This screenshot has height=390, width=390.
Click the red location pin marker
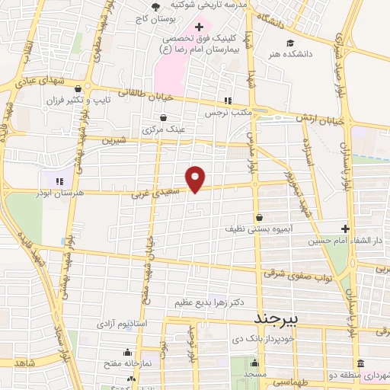coord(196,178)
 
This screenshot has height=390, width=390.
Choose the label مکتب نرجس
coord(227,113)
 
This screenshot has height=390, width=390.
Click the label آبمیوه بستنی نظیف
coord(257,228)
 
